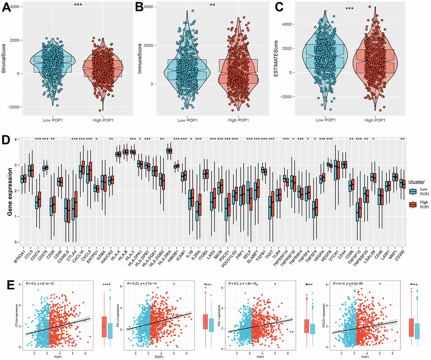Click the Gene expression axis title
click(x=10, y=190)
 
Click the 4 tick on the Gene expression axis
click(x=15, y=140)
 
